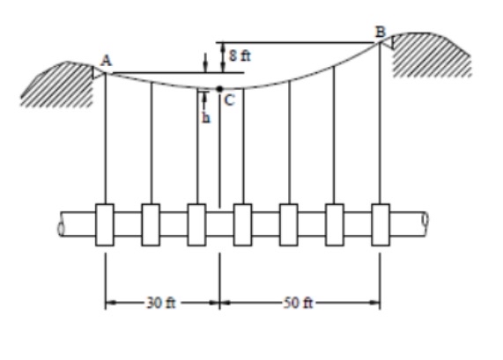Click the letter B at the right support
coord(381,32)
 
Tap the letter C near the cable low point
coord(228,100)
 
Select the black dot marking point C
coord(219,88)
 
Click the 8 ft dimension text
coord(240,55)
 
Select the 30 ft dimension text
coord(161,304)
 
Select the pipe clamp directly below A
coord(105,224)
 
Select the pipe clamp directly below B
coord(381,224)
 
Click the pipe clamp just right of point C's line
coord(242,224)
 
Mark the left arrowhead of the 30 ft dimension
coord(110,304)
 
